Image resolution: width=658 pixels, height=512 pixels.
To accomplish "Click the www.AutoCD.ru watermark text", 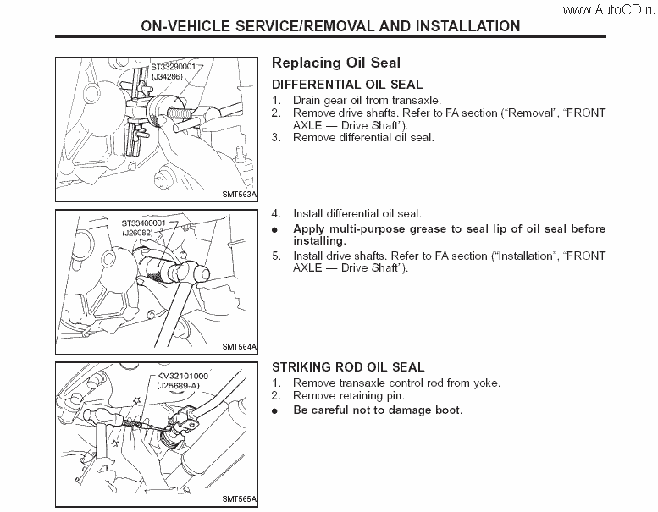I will (x=608, y=9).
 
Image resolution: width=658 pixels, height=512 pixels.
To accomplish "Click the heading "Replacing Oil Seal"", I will (x=336, y=63).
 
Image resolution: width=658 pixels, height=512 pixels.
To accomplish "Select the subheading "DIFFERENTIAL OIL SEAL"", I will (x=347, y=85).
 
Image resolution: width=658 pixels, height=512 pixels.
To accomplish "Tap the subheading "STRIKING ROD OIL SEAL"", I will (x=348, y=367).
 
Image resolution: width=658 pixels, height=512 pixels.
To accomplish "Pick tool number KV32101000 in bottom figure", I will (x=182, y=374).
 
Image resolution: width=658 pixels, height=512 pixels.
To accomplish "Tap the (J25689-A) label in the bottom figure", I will (x=179, y=384).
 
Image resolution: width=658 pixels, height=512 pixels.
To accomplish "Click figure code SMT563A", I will (x=239, y=193).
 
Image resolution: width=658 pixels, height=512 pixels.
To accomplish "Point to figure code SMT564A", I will (x=239, y=346).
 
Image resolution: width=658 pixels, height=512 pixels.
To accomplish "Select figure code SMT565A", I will (x=239, y=499).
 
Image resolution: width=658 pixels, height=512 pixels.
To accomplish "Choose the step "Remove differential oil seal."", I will (x=363, y=137).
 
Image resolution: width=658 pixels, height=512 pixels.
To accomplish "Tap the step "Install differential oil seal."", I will (x=357, y=214).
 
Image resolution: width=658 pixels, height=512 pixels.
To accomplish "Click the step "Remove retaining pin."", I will (x=337, y=395).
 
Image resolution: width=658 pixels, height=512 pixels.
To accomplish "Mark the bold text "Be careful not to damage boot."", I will (x=378, y=410).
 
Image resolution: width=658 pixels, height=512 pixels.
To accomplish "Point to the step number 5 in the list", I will (x=275, y=256).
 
